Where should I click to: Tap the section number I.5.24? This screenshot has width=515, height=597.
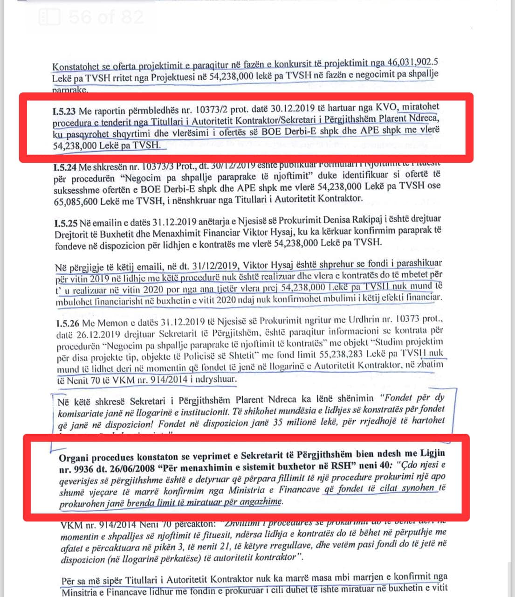[x=65, y=167]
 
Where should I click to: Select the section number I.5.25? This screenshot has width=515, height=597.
[x=66, y=219]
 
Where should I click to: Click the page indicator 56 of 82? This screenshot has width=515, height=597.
[x=106, y=17]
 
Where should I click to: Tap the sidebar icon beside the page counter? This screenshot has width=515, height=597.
[x=49, y=17]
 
